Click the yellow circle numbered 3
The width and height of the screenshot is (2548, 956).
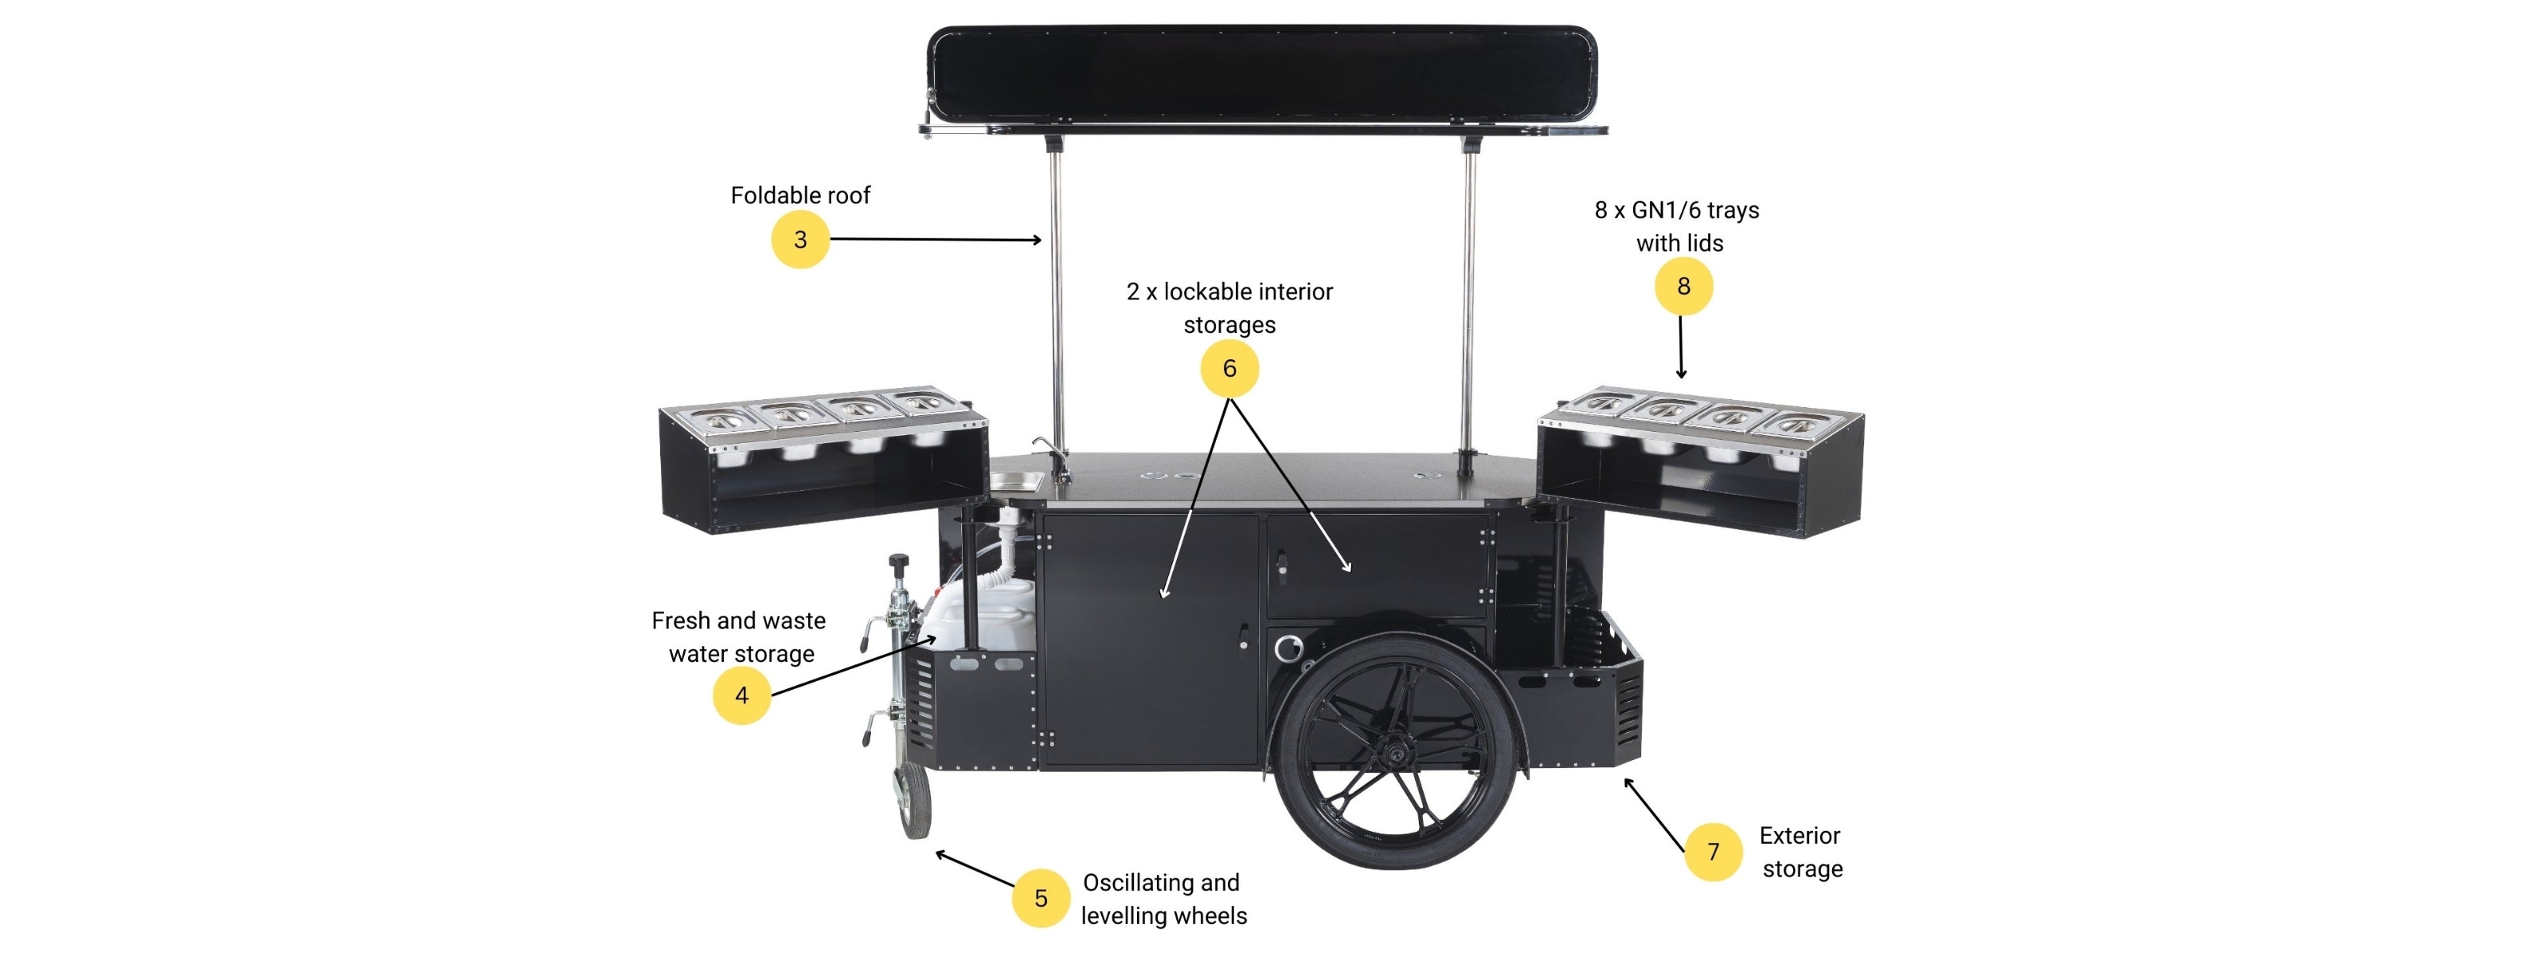(x=800, y=240)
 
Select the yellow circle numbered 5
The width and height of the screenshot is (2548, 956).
(x=1041, y=898)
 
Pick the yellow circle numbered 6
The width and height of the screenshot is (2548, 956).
(x=1229, y=368)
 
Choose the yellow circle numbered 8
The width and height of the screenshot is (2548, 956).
(x=1683, y=286)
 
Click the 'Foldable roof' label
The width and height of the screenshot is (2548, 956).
(x=800, y=195)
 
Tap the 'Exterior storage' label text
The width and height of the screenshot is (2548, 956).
(x=1801, y=852)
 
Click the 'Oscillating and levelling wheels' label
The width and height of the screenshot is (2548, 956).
(x=1163, y=899)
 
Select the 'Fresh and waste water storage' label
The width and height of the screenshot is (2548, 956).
(x=740, y=637)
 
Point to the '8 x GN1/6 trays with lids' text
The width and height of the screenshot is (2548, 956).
(x=1678, y=225)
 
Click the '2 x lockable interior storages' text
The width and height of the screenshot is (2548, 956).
(x=1229, y=308)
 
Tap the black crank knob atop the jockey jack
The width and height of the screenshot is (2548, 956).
(x=898, y=562)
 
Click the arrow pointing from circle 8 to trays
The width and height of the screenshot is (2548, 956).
(x=1682, y=347)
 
